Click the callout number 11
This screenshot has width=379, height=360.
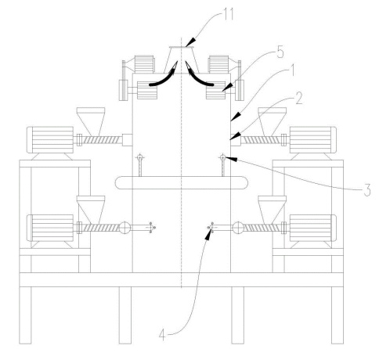(229, 15)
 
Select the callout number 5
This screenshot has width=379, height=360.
(280, 52)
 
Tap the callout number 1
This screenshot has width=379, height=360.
(293, 70)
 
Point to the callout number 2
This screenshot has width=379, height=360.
(299, 99)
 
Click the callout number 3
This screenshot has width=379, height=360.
(367, 189)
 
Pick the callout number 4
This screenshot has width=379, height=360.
(162, 335)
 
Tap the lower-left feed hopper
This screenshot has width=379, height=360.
(91, 210)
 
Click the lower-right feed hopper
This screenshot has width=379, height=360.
(272, 210)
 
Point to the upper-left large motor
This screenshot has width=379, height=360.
(50, 140)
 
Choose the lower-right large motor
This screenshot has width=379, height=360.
(313, 228)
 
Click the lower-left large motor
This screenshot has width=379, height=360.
(50, 228)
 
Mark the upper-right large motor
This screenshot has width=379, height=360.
(313, 140)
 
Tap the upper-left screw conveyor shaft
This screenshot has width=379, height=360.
(100, 140)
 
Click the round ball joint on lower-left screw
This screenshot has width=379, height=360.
(125, 228)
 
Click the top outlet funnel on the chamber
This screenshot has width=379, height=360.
(182, 59)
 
